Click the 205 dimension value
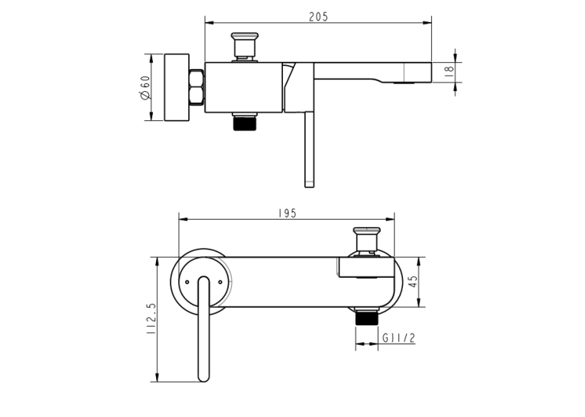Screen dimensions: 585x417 318,17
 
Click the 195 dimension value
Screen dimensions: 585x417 288,213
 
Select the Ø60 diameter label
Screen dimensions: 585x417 145,88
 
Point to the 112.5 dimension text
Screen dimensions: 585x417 151,318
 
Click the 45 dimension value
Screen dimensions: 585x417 414,282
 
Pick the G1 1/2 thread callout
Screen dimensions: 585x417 398,338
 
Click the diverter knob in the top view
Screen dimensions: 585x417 245,47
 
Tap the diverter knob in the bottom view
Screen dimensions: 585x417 367,240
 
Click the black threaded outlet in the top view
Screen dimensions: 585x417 245,123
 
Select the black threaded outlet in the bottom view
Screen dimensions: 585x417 367,318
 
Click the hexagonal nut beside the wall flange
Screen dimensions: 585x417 197,87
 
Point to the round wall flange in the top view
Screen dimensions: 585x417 177,87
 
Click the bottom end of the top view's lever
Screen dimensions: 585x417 309,186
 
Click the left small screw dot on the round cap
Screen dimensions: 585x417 187,282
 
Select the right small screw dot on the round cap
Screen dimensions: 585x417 220,282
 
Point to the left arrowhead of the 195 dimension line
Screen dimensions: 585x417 184,219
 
